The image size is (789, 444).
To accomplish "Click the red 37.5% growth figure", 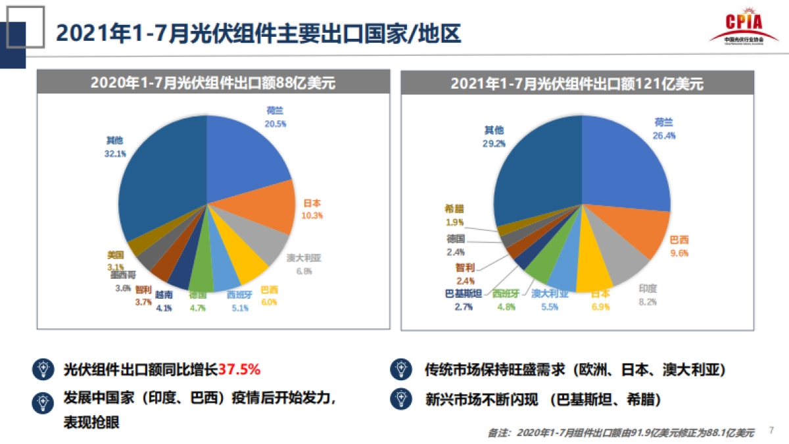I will (239, 369).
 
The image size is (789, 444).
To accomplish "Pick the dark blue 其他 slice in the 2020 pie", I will (164, 184).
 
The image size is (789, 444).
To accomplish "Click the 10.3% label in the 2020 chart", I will (312, 215).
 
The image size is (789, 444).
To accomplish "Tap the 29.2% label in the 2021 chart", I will (494, 143).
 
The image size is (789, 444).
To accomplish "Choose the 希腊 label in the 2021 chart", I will (454, 209).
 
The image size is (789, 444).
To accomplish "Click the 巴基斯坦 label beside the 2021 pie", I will (464, 293).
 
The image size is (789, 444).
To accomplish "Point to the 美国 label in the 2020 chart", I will (116, 255).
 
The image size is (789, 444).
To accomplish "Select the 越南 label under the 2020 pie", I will (164, 295).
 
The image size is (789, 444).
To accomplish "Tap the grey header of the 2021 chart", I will (577, 84).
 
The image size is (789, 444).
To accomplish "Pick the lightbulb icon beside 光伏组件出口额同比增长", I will (43, 369).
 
